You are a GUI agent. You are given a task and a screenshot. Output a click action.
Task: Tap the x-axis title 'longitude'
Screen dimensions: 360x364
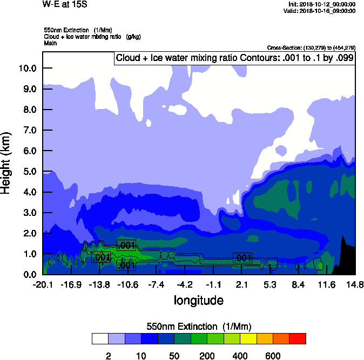click(198, 300)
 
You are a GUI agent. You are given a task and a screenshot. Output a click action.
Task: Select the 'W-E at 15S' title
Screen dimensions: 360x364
click(65, 5)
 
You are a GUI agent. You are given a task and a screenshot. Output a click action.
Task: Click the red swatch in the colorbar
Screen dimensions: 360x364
click(298, 338)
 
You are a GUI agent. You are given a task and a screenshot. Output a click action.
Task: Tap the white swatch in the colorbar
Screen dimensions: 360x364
click(99, 338)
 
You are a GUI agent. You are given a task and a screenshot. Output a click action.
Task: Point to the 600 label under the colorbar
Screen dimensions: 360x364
click(273, 356)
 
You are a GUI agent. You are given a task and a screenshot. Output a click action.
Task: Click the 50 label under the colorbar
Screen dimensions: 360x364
click(174, 356)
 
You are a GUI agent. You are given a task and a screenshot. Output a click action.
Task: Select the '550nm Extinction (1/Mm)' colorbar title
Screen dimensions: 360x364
click(199, 327)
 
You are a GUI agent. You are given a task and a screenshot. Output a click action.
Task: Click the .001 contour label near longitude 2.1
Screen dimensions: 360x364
click(242, 258)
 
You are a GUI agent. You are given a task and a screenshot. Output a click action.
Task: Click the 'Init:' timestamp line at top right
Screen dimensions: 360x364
click(322, 4)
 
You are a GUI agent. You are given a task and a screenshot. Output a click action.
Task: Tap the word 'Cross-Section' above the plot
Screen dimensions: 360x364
click(281, 47)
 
